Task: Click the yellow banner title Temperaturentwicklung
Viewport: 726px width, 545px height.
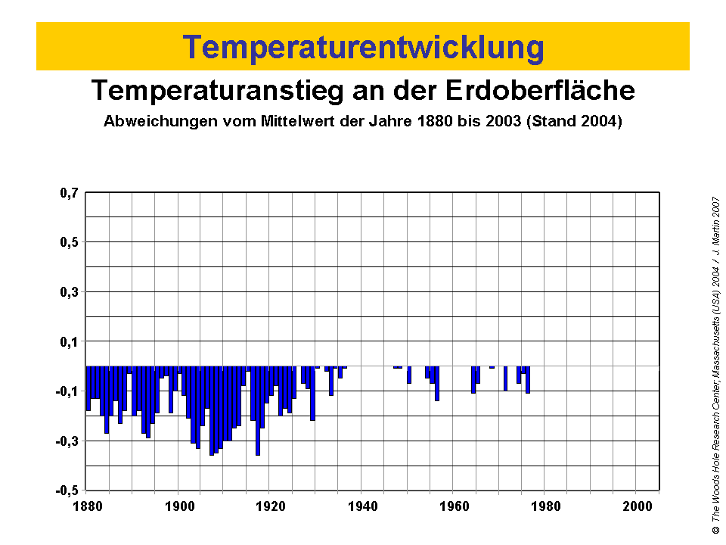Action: pyautogui.click(x=363, y=47)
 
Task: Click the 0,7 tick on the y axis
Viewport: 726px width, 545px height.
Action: pyautogui.click(x=69, y=193)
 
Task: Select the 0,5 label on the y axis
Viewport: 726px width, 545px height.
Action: pyautogui.click(x=69, y=242)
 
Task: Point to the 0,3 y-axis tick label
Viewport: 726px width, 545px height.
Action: pyautogui.click(x=69, y=292)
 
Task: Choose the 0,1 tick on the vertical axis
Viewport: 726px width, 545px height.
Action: pyautogui.click(x=69, y=341)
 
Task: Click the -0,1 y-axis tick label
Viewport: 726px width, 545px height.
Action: pyautogui.click(x=67, y=391)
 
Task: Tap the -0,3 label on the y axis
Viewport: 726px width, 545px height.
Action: pyautogui.click(x=67, y=441)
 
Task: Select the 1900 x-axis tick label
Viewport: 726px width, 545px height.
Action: pyautogui.click(x=178, y=506)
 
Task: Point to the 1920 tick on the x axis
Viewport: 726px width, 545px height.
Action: pyautogui.click(x=270, y=506)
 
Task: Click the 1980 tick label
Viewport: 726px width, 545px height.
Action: pyautogui.click(x=544, y=506)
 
